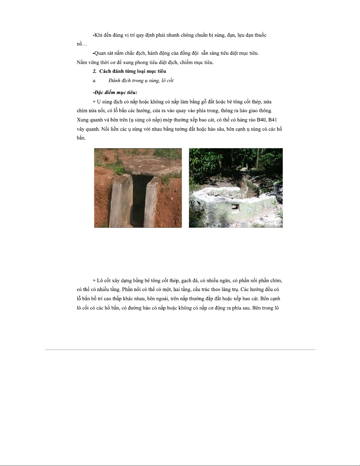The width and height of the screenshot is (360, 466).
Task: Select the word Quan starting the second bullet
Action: coord(100,53)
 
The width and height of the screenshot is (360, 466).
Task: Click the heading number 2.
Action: coord(94,71)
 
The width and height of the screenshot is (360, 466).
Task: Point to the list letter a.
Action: coord(94,81)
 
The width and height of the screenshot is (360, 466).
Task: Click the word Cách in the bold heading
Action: coord(105,71)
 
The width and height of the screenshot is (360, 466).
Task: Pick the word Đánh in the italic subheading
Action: coord(115,81)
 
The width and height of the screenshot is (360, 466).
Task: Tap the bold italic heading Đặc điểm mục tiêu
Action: coord(115,92)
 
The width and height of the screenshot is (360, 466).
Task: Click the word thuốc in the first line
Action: coord(259,35)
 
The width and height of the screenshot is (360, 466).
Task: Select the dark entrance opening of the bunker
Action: coord(138,200)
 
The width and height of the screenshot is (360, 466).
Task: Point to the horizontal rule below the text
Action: coord(180,350)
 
